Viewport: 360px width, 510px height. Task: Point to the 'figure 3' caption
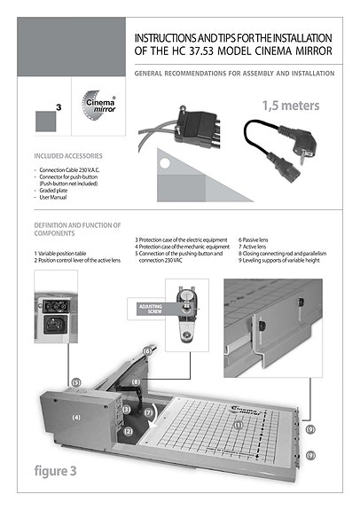[x=56, y=471]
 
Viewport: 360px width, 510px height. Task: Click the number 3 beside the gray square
[x=58, y=106]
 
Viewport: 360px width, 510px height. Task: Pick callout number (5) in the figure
[x=76, y=381]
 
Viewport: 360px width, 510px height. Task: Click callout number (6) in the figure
[x=148, y=351]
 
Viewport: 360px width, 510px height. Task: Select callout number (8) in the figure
[x=136, y=382]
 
